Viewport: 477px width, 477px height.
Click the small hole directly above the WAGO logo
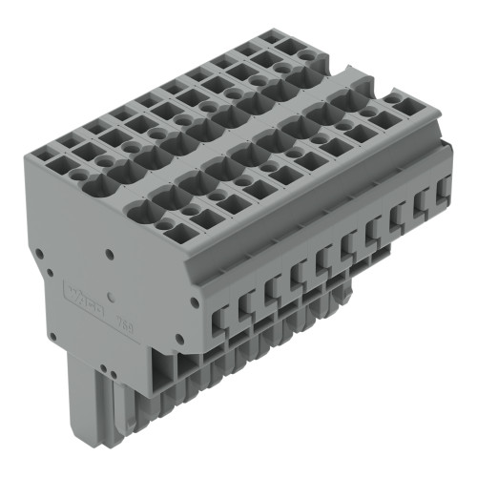click(112, 255)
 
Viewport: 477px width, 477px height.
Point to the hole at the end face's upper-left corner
click(44, 255)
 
